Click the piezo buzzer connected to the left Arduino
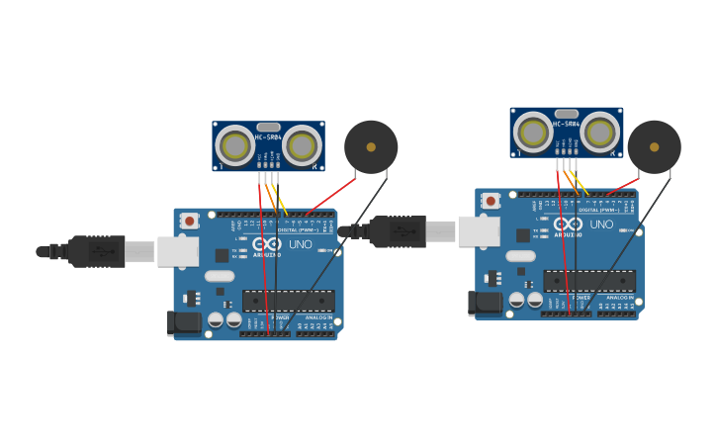371,147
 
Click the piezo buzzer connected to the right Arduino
654,147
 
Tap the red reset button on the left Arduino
189,221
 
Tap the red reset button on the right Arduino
491,201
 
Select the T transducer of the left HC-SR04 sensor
235,146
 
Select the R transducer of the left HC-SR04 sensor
302,146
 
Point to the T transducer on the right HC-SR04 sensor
533,133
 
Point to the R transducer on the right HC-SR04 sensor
599,133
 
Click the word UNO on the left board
300,244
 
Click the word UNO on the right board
601,224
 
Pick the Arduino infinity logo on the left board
266,243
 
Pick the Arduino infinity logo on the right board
568,224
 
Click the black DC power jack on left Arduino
184,322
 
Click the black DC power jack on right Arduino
486,303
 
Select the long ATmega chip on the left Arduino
289,301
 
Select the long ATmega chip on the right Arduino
589,281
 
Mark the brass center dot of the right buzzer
654,146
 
